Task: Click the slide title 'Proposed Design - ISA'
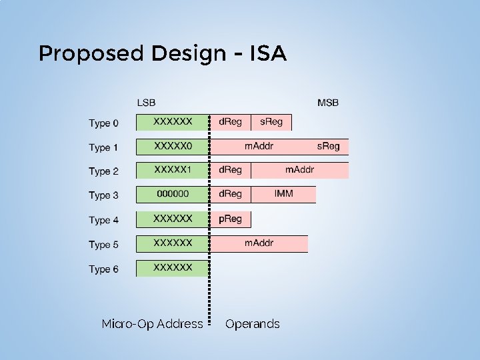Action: (x=162, y=53)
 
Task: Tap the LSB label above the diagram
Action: (x=146, y=103)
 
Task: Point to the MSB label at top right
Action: (x=327, y=103)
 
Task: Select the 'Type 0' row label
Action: (x=104, y=123)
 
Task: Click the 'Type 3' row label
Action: (x=104, y=195)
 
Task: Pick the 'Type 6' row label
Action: (x=104, y=269)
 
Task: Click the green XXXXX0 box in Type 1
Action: (x=173, y=146)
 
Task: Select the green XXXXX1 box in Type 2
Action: (x=173, y=170)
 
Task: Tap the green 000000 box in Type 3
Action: (x=173, y=194)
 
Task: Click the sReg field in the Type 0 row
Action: (x=271, y=122)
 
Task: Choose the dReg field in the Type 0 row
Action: (x=231, y=122)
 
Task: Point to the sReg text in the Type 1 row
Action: (x=328, y=146)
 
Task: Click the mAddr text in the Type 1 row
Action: (x=259, y=146)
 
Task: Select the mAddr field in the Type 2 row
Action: (x=299, y=170)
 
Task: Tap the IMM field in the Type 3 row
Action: (x=283, y=194)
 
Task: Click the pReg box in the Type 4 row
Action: (x=231, y=219)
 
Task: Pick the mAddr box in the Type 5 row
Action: (x=259, y=243)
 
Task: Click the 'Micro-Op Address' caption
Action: (x=152, y=324)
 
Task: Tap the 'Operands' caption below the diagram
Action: (x=253, y=324)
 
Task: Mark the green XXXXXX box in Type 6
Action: (x=173, y=268)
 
